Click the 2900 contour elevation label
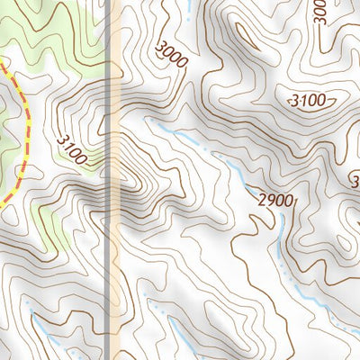[x=274, y=200]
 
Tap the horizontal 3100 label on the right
[x=307, y=101]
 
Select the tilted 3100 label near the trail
[x=73, y=148]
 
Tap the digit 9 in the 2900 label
[x=269, y=199]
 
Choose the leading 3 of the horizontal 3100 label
[x=293, y=101]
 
